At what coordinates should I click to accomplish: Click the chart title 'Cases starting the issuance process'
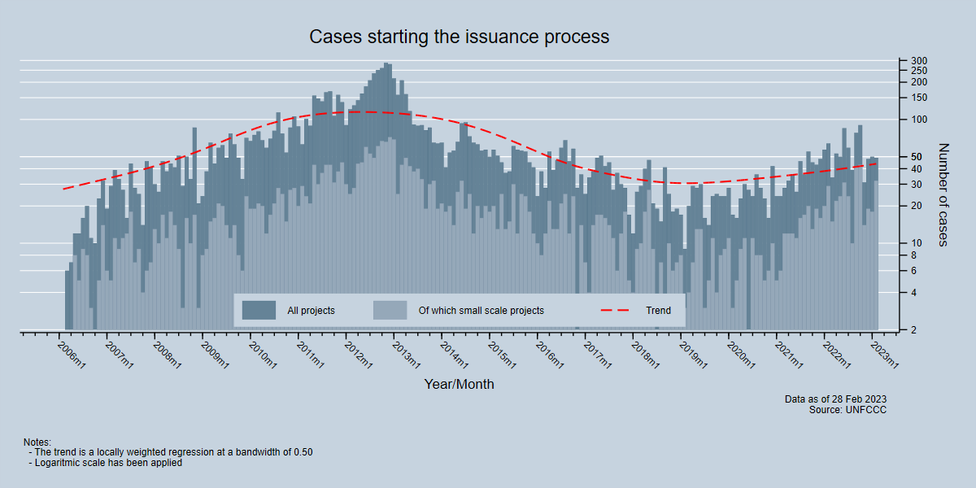(x=459, y=37)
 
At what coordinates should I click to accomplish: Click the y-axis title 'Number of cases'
(x=943, y=194)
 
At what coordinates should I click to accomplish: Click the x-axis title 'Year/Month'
(x=459, y=384)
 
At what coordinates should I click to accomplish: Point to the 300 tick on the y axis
(x=919, y=61)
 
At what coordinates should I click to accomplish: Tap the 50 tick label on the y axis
(x=917, y=157)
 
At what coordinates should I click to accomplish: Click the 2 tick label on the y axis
(x=914, y=330)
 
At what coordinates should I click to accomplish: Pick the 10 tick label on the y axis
(x=917, y=243)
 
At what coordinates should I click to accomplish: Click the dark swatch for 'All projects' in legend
(x=259, y=310)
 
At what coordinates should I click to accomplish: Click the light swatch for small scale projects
(x=390, y=310)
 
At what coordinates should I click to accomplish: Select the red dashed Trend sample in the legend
(x=615, y=310)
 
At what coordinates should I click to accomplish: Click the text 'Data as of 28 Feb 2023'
(x=835, y=399)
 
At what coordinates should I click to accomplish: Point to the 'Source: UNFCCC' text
(x=847, y=411)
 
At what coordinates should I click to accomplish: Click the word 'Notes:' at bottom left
(x=37, y=442)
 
